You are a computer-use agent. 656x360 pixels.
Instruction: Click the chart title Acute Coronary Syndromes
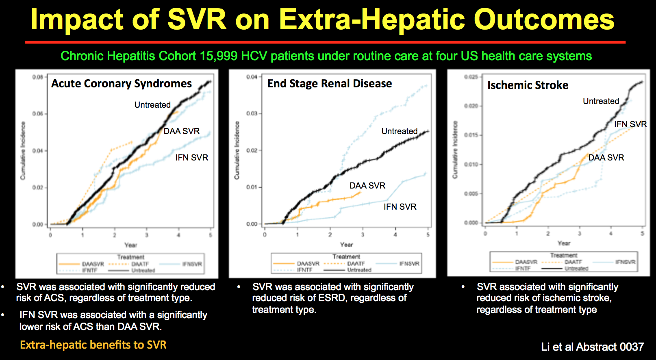pos(121,83)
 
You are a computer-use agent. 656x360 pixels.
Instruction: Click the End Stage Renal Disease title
pos(329,83)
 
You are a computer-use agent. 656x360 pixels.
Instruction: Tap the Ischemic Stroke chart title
pos(528,85)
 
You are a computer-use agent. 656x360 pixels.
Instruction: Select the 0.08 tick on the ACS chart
pos(38,77)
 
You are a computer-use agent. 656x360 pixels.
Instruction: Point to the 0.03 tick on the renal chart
pos(252,113)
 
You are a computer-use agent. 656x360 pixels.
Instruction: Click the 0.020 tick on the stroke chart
pos(471,106)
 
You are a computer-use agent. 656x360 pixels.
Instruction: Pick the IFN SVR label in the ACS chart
pos(191,158)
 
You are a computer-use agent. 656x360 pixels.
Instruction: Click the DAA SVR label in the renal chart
pos(367,186)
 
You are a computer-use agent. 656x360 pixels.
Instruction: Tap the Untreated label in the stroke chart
pos(601,101)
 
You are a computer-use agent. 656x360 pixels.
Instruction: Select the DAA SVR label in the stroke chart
pos(606,158)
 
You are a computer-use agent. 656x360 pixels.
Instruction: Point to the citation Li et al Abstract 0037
pos(592,347)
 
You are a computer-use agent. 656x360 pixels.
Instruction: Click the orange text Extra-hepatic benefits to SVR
pos(93,345)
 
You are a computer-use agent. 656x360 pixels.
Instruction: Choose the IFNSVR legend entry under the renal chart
pos(409,264)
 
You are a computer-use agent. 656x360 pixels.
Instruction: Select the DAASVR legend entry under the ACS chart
pos(93,264)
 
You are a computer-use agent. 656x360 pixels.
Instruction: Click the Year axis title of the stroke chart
pos(563,243)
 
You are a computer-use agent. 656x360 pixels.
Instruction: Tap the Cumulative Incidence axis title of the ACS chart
pos(23,150)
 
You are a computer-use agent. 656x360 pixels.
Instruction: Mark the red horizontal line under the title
pos(325,42)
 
